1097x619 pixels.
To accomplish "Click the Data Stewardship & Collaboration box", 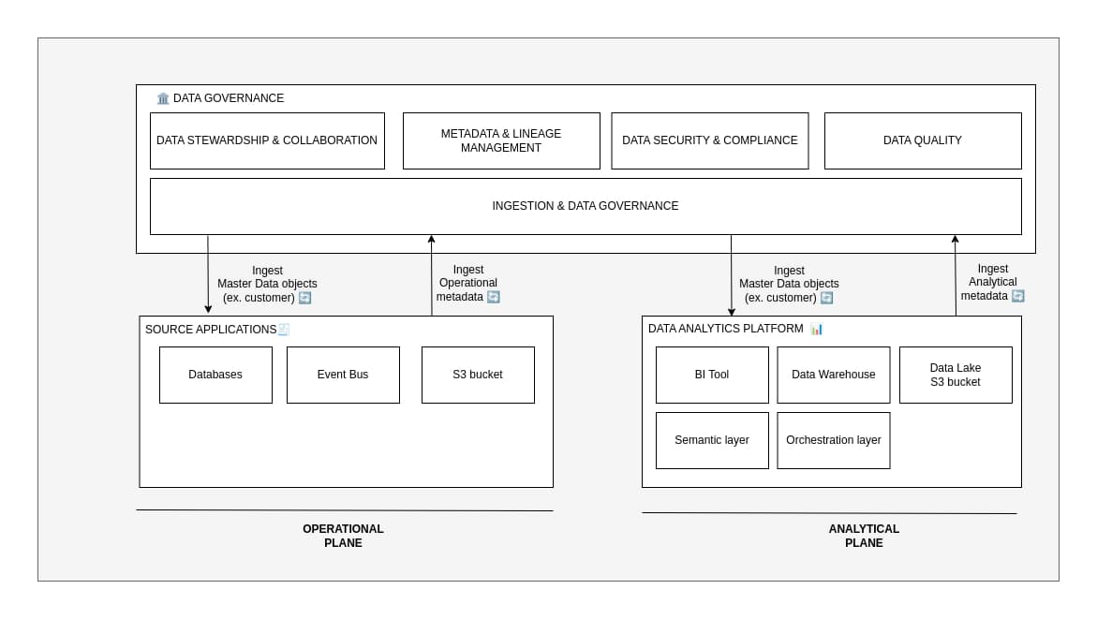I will [267, 140].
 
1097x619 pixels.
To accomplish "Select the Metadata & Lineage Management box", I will [501, 140].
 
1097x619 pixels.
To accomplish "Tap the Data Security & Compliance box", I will [709, 140].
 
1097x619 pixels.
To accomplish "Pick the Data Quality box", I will [923, 140].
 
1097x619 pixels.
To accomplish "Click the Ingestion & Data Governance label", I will [586, 206].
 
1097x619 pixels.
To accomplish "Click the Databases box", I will [215, 375].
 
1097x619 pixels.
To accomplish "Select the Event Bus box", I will [343, 375].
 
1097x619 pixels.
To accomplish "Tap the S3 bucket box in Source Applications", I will [478, 375].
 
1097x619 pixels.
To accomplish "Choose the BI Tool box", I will [712, 375].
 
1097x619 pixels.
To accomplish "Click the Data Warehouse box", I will [834, 375].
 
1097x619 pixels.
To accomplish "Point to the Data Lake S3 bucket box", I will [956, 375].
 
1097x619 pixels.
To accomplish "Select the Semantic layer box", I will [712, 440].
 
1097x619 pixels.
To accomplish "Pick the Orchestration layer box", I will [834, 440].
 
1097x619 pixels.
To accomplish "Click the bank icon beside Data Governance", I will [163, 98].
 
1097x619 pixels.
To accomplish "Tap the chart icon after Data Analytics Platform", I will [817, 329].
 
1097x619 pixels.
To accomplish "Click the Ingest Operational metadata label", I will [468, 283].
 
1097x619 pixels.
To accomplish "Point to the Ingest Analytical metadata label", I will [992, 282].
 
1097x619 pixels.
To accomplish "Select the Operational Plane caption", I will [343, 536].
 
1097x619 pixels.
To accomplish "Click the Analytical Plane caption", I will [864, 536].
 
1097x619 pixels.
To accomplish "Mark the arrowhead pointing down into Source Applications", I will [208, 309].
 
